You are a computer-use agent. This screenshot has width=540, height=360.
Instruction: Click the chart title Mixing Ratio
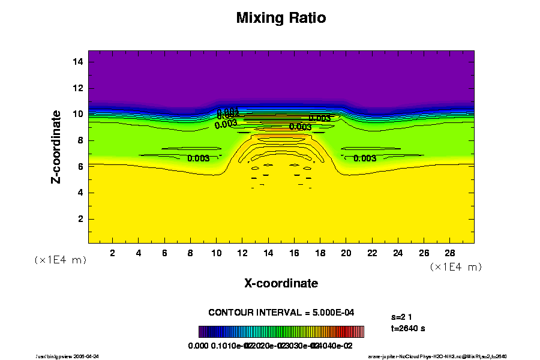pyautogui.click(x=281, y=18)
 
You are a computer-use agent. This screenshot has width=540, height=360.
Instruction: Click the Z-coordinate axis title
pyautogui.click(x=56, y=146)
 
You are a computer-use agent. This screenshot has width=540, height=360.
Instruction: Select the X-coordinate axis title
pyautogui.click(x=281, y=283)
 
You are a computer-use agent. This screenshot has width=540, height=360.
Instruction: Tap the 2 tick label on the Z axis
pyautogui.click(x=80, y=219)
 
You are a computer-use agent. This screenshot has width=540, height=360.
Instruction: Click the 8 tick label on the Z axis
pyautogui.click(x=80, y=140)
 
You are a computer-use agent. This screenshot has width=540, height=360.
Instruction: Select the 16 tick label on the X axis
pyautogui.click(x=294, y=253)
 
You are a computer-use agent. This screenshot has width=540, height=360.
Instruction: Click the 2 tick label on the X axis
pyautogui.click(x=113, y=253)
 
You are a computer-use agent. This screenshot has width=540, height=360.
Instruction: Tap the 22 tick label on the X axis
pyautogui.click(x=372, y=253)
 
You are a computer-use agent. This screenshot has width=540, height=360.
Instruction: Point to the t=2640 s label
pyautogui.click(x=408, y=328)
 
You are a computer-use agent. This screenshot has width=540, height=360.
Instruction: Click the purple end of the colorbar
pyautogui.click(x=202, y=332)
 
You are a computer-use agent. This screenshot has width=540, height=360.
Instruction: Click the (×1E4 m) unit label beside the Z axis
pyautogui.click(x=60, y=260)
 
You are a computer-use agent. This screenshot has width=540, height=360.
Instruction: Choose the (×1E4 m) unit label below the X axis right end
pyautogui.click(x=456, y=266)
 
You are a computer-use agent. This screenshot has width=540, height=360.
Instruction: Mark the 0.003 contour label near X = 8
pyautogui.click(x=198, y=158)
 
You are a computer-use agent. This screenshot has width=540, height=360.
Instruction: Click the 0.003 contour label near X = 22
pyautogui.click(x=365, y=158)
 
